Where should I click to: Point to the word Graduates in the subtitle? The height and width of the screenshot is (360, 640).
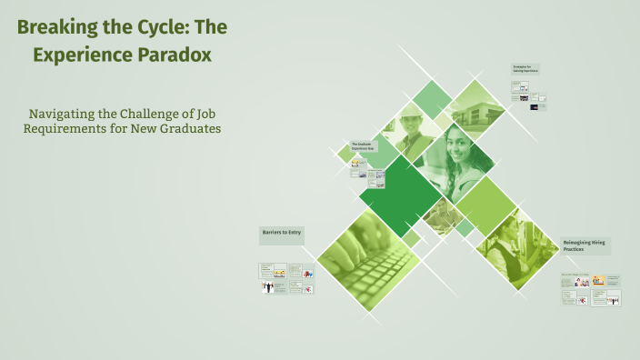tap(183, 128)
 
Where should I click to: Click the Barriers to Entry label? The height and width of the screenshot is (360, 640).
tap(281, 234)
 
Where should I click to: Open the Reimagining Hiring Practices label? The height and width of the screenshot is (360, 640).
tap(585, 245)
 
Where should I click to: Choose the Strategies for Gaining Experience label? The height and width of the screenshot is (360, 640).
tap(525, 68)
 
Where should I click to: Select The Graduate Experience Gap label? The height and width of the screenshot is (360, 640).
tap(363, 147)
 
